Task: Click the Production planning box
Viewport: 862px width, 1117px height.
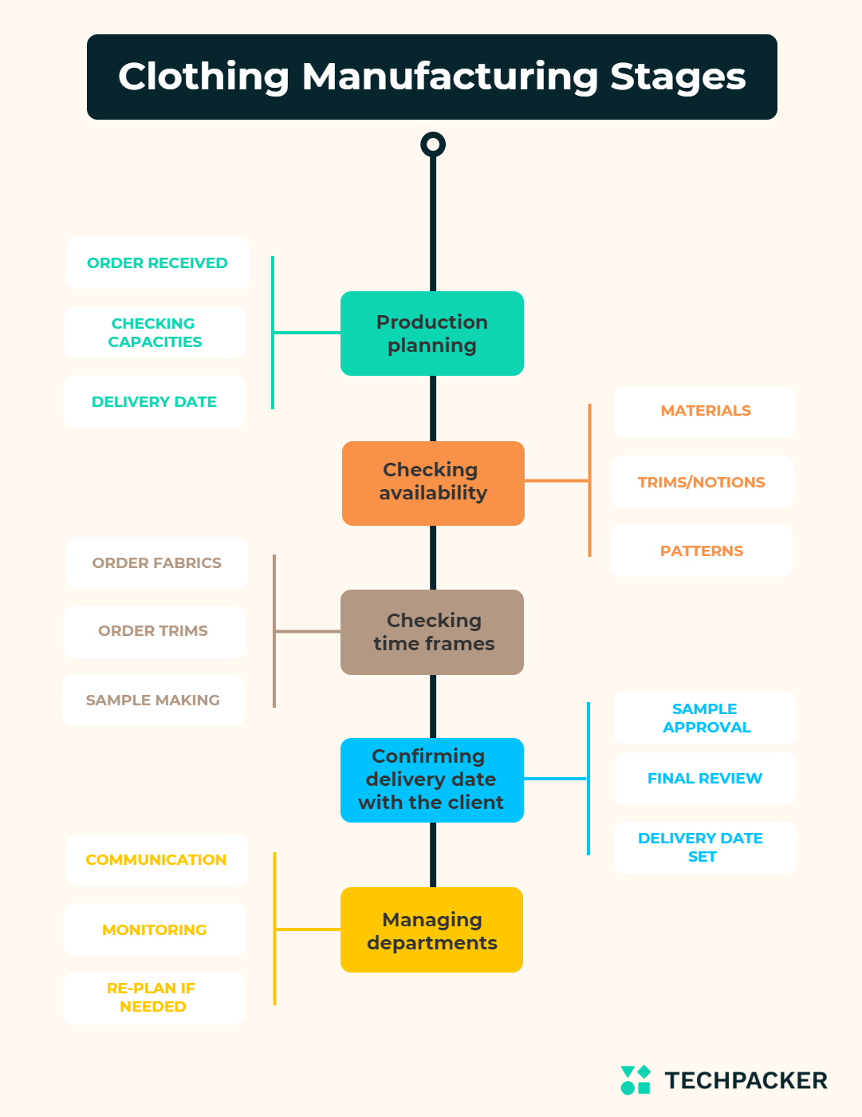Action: [x=432, y=334]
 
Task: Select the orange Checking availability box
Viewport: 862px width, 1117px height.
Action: [x=433, y=483]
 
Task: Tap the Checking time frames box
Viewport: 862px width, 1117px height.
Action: [x=432, y=632]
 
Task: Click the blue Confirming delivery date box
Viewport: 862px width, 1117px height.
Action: [x=432, y=780]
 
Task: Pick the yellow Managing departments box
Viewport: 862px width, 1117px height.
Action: [x=432, y=930]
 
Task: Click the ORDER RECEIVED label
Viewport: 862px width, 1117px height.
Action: [x=158, y=263]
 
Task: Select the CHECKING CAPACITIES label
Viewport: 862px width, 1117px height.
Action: [x=155, y=333]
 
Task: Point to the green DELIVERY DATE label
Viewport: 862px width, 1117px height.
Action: [x=155, y=402]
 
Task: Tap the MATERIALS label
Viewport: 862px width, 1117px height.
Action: [x=705, y=411]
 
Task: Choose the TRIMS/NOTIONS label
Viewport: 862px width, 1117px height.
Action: [x=702, y=482]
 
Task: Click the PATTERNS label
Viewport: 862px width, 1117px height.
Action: [x=702, y=551]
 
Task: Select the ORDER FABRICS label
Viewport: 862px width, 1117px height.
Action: [x=157, y=563]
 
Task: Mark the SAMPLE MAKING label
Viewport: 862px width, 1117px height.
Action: [x=153, y=701]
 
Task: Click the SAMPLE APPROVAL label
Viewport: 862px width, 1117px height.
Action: [x=706, y=718]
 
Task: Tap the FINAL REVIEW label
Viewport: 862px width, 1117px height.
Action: [x=705, y=779]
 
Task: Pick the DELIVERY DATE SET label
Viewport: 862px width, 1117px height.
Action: [x=702, y=847]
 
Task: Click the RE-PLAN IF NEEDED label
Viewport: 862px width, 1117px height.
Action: [x=153, y=997]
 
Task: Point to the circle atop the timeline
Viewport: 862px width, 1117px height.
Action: [x=433, y=144]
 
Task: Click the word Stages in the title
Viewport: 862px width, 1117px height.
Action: [x=678, y=77]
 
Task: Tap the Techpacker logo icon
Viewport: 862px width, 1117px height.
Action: [x=636, y=1080]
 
